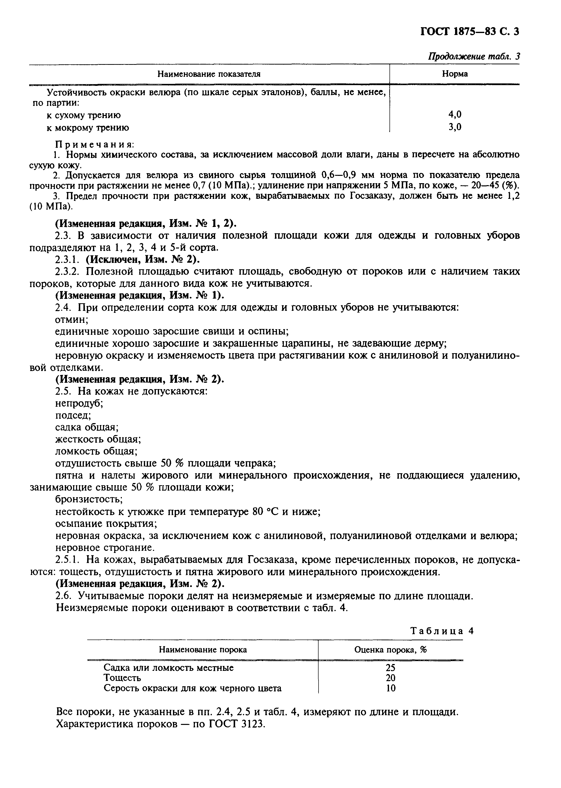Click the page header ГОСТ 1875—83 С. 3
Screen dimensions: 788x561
coord(470,32)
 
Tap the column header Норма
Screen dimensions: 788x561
coord(455,74)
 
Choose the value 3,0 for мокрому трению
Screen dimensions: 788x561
coord(455,127)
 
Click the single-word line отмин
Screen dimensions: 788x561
coord(71,319)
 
